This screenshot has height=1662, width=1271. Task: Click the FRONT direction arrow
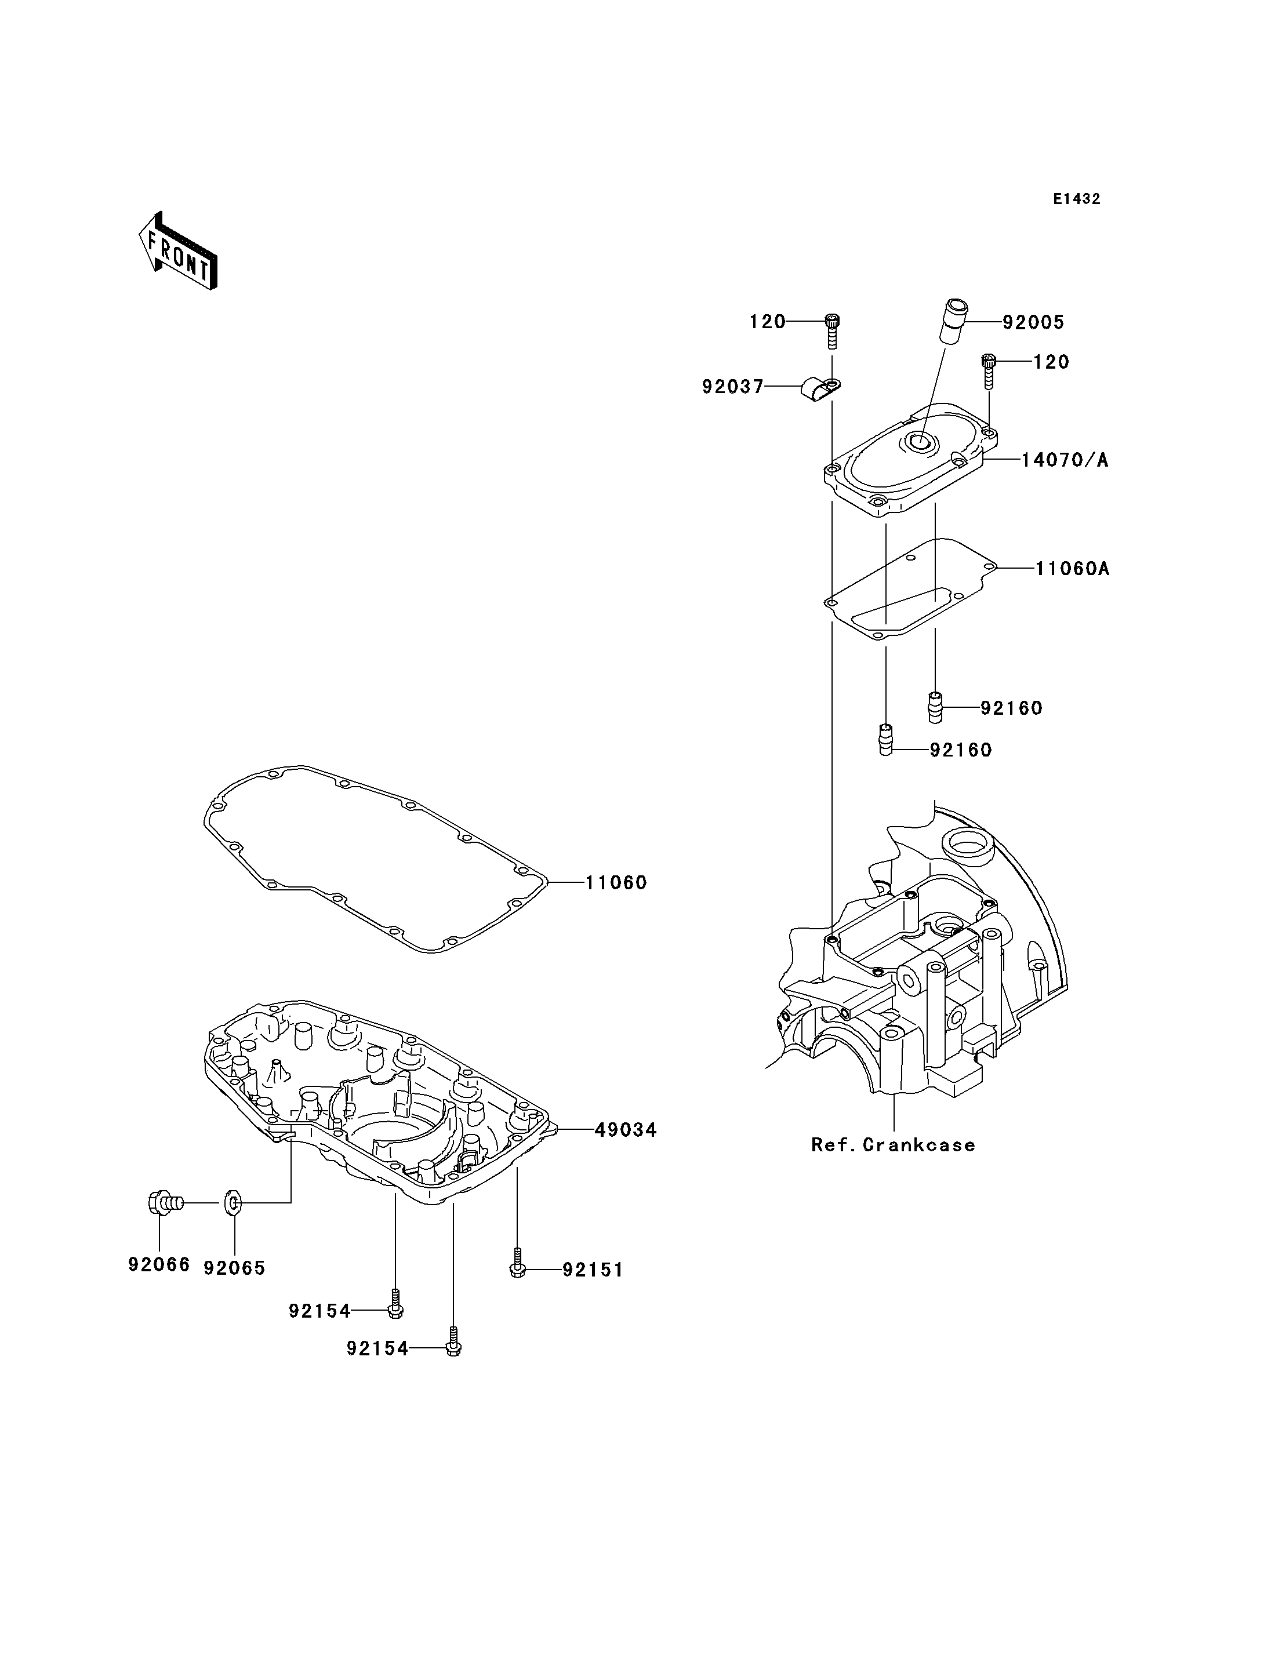click(178, 251)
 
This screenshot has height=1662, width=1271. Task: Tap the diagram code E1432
click(1077, 199)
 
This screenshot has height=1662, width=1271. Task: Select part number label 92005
click(1033, 322)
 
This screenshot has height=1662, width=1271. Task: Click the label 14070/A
click(1065, 460)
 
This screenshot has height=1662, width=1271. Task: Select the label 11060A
click(1072, 568)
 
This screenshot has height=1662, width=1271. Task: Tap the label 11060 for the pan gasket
click(616, 882)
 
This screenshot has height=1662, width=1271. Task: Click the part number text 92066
click(159, 1264)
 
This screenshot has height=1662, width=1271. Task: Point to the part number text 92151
click(593, 1270)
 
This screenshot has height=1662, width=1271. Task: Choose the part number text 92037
click(733, 387)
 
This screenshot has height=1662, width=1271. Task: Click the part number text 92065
click(234, 1268)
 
